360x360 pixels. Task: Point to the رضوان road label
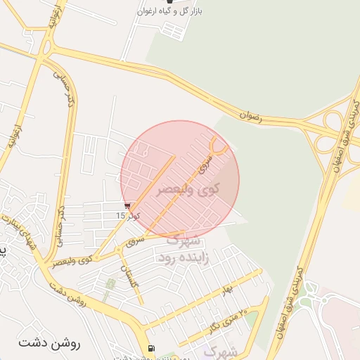[x=250, y=115]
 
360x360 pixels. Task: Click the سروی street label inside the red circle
[x=206, y=162]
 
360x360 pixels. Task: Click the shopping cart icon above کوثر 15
[x=127, y=205]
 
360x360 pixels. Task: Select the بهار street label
[x=226, y=289]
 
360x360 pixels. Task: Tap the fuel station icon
[x=150, y=349]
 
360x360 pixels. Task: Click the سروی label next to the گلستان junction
[x=134, y=243]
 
